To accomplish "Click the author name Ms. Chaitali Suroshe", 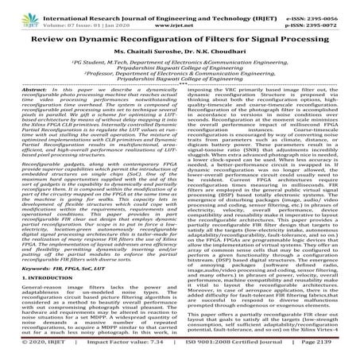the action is coord(141,52).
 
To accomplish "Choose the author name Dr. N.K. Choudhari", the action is coord(210,52).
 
